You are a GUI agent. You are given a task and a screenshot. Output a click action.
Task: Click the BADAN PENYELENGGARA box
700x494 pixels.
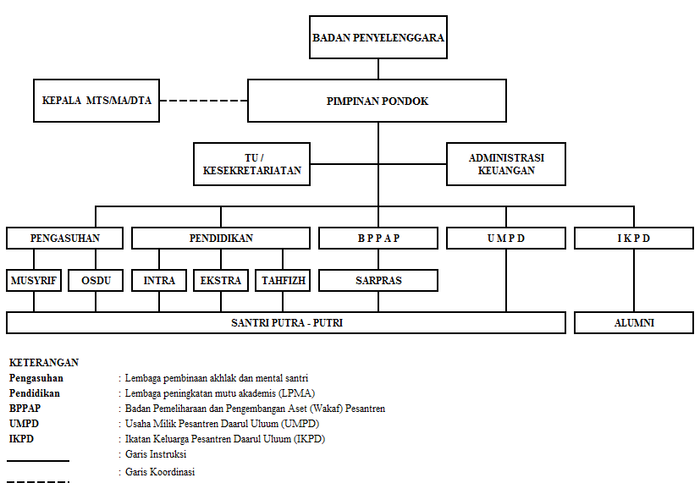pos(378,37)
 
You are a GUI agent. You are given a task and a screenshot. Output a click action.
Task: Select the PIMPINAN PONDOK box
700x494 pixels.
pos(377,101)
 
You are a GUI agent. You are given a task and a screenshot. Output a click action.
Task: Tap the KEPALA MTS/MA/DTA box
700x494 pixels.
pos(96,101)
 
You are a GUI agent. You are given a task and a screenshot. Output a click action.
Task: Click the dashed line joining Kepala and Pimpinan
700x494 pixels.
pos(204,101)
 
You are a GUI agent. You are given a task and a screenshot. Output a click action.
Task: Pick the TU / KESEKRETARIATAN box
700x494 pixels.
pos(251,164)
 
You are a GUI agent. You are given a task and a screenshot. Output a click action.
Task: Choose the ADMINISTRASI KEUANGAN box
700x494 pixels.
pos(506,164)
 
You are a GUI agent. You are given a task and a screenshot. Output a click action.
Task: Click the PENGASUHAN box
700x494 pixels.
pos(64,239)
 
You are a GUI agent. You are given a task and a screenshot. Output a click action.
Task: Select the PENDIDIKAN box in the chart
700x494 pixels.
pos(221,239)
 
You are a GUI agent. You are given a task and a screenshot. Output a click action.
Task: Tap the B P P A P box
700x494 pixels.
pos(378,239)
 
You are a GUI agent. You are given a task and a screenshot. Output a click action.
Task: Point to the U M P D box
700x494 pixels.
pos(506,239)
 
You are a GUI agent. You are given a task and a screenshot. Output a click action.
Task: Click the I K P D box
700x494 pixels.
pos(634,239)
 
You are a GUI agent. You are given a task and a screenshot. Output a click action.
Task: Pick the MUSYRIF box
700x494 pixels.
pos(34,281)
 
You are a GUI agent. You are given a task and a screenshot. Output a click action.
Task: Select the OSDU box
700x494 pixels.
pos(96,281)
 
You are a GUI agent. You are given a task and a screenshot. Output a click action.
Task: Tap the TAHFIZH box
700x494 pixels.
pos(283,281)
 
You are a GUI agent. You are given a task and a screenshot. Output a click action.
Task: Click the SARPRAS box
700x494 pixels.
pos(378,281)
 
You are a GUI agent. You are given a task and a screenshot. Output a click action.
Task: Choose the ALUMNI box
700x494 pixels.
pos(634,322)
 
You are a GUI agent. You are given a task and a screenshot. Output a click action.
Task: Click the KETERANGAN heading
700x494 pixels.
pos(44,362)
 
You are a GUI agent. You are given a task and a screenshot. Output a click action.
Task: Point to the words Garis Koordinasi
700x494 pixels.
pos(160,472)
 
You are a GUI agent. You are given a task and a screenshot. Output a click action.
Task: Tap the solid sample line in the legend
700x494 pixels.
pos(38,460)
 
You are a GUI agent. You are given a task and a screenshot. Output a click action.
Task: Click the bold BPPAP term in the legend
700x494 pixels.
pos(25,409)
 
